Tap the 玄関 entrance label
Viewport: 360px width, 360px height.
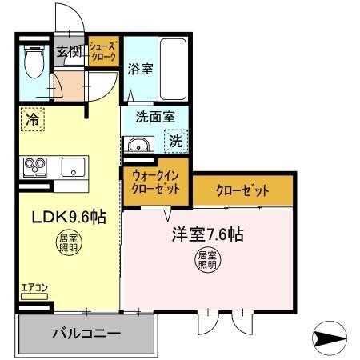pos(69,53)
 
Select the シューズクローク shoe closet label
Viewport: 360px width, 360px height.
pos(103,53)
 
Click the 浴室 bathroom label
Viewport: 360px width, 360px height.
pos(141,69)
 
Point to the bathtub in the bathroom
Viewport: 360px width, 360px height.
pos(174,67)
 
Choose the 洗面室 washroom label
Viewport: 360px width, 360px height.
pos(154,115)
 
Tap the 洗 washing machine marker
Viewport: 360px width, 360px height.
pos(176,142)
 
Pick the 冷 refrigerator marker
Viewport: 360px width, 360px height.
pos(33,119)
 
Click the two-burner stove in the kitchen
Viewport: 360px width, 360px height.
pos(35,166)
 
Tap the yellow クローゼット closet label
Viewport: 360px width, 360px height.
pos(242,191)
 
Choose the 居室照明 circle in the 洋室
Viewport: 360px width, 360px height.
pos(207,260)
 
